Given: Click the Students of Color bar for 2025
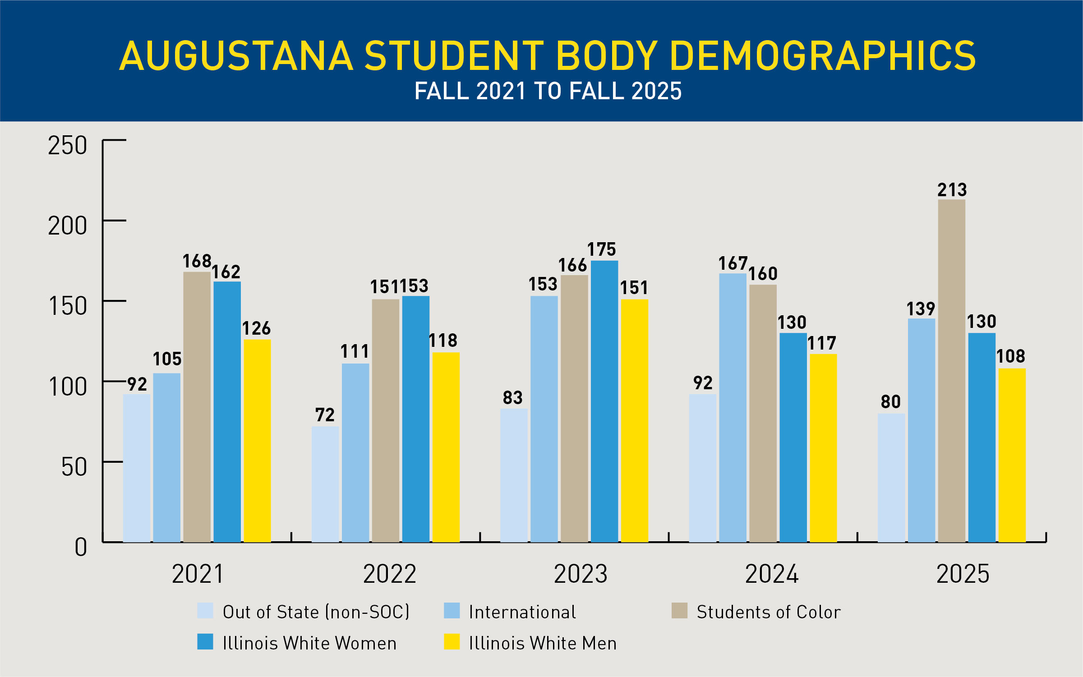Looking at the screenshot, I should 952,370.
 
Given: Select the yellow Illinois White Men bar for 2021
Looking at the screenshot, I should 258,440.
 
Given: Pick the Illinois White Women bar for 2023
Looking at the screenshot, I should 604,401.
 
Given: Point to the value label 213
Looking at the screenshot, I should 952,190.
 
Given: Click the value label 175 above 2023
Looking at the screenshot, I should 601,249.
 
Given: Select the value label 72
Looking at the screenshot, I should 325,415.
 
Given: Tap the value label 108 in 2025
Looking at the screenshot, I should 1011,356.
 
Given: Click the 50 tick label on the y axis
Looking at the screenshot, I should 74,467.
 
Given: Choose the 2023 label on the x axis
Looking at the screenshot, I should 581,574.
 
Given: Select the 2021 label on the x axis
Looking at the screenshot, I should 198,574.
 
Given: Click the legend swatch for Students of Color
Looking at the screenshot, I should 679,611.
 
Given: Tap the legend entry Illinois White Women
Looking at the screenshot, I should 309,643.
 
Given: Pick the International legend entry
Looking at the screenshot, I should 522,612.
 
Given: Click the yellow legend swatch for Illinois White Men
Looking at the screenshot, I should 452,642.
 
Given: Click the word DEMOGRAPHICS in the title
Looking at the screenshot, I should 823,56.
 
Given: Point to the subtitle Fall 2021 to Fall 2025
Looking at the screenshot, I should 548,91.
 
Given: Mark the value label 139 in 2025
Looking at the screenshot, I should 921,309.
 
